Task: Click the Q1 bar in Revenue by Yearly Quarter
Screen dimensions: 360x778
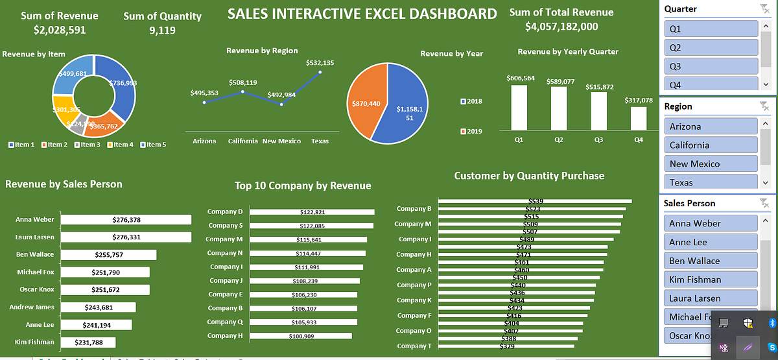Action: point(519,107)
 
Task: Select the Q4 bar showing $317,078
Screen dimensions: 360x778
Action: point(639,118)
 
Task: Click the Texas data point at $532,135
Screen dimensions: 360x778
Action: point(320,72)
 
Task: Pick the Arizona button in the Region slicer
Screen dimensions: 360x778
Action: point(711,126)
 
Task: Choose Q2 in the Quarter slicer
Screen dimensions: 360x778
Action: point(711,47)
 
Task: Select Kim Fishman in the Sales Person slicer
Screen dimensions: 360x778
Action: point(711,280)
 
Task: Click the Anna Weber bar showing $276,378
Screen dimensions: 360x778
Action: point(126,220)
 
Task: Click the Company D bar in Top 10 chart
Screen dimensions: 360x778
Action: point(312,212)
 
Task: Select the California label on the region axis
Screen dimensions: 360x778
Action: point(243,141)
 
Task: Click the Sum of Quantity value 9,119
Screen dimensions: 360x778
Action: point(162,30)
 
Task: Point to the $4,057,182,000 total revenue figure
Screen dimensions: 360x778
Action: point(561,27)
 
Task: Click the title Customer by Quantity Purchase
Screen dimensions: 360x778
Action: point(529,176)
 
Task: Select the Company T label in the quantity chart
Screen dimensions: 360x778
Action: point(414,346)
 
